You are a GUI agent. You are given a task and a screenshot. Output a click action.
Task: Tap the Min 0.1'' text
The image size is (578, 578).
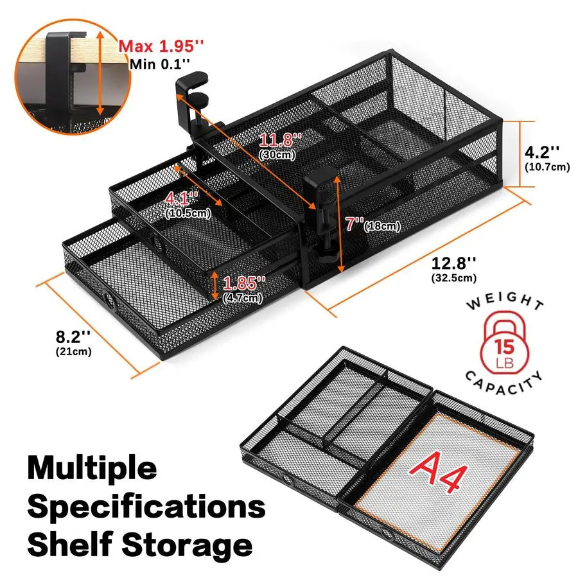click(160, 64)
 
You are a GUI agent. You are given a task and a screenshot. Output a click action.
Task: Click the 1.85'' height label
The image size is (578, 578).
click(243, 283)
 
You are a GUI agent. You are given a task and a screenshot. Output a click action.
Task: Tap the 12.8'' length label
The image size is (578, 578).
click(453, 263)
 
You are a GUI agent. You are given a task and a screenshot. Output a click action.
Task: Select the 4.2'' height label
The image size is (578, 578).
click(542, 152)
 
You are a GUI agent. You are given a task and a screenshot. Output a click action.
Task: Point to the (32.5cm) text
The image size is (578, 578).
click(453, 279)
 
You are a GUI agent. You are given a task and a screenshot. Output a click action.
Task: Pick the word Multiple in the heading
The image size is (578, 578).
click(92, 469)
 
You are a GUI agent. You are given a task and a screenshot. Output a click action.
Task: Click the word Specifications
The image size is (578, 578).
click(146, 507)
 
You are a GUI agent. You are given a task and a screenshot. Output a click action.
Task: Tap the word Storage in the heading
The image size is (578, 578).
click(186, 545)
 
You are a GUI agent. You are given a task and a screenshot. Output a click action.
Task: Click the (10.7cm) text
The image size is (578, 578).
click(547, 168)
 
